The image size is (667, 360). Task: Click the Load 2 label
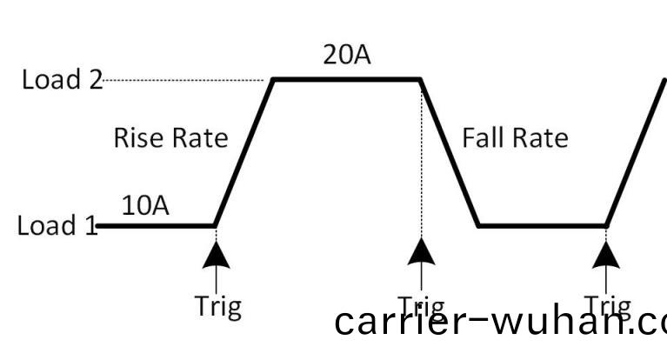point(61,80)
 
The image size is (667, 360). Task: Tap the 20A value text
point(346,56)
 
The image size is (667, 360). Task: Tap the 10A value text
point(145,206)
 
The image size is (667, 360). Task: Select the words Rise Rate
point(170,137)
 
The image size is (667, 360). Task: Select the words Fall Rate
point(515,137)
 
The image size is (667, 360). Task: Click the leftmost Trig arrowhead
point(214,252)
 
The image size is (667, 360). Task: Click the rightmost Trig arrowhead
point(606,252)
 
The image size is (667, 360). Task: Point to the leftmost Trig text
point(217,306)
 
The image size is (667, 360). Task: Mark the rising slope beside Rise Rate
point(243,153)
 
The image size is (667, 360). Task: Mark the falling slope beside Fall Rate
point(450,153)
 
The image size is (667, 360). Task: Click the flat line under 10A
point(157,226)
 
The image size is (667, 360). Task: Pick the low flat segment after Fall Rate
point(541,226)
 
